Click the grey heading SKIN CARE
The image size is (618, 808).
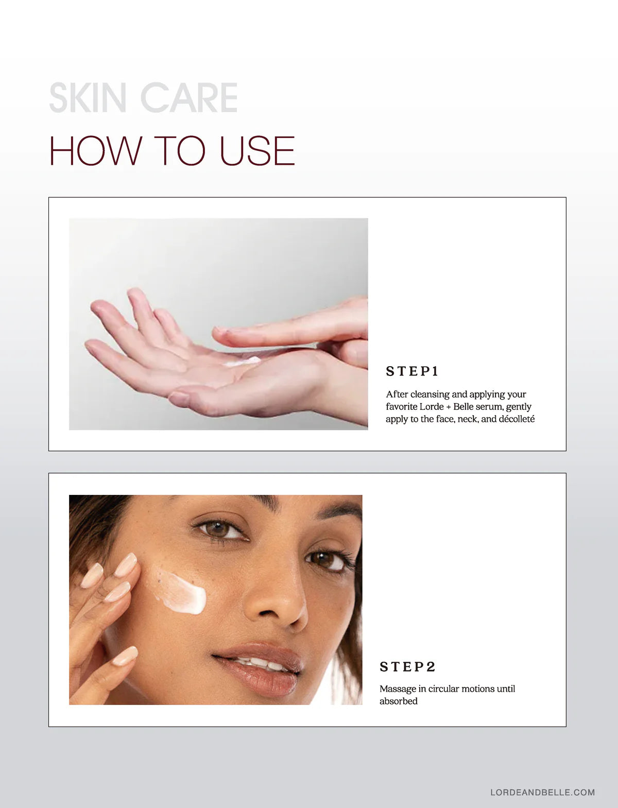pos(143,97)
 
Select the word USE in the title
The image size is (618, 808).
pos(257,150)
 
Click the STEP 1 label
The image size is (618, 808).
pos(412,371)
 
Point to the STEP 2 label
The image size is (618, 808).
pos(407,666)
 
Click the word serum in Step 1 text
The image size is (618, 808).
pos(489,407)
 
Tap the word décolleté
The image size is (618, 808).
pos(517,419)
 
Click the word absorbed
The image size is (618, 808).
pos(398,701)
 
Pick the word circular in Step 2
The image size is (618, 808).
pos(443,689)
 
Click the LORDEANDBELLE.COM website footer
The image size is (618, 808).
pos(542,792)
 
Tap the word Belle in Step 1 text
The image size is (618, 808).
pos(463,407)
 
